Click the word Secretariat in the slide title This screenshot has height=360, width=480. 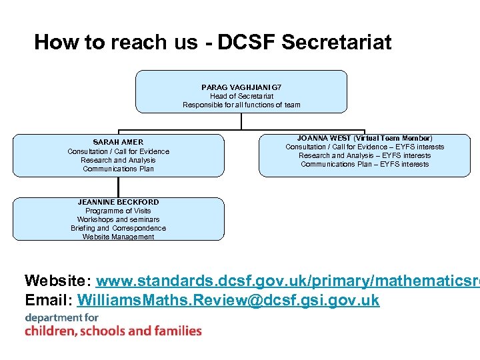[x=337, y=43]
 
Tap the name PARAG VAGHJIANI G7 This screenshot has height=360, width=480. [x=241, y=87]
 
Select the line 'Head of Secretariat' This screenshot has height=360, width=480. [x=241, y=96]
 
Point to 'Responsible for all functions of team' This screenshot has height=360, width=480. [x=241, y=105]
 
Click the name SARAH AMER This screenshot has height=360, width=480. [x=118, y=142]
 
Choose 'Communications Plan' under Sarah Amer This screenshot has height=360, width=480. [x=118, y=169]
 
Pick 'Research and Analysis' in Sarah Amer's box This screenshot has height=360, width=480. [x=118, y=160]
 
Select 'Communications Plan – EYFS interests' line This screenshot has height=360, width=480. [x=365, y=164]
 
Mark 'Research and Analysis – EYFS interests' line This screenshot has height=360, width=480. [x=365, y=155]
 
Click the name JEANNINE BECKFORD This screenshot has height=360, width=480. [x=118, y=201]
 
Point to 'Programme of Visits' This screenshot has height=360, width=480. [x=118, y=211]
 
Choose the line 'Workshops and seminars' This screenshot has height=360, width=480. [x=118, y=219]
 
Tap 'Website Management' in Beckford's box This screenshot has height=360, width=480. [x=118, y=237]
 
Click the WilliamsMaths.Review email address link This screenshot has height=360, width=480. [x=228, y=300]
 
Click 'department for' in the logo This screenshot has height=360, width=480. [x=62, y=317]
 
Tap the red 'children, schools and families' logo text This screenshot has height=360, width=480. [x=113, y=331]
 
